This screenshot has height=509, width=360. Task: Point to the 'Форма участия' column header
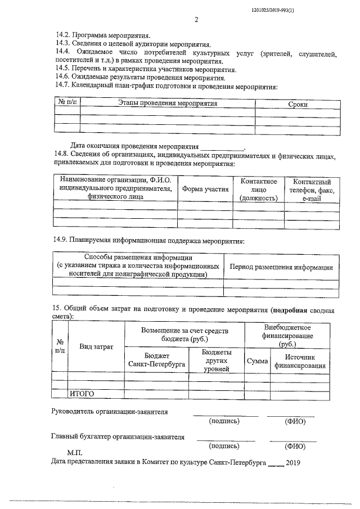point(205,189)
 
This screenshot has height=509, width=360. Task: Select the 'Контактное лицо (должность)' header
point(259,190)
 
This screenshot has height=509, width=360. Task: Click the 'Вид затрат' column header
point(96,346)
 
